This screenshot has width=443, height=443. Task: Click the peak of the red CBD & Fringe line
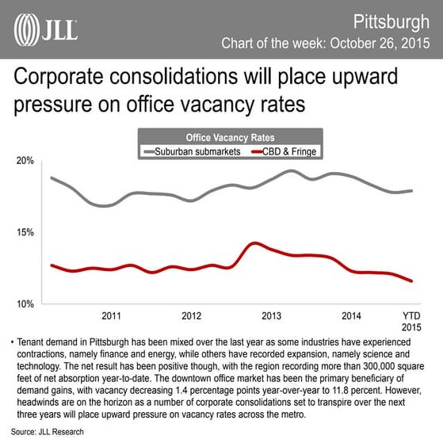coord(253,243)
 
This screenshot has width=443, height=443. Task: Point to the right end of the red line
coord(411,281)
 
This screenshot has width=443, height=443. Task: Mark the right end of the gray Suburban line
coord(411,190)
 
